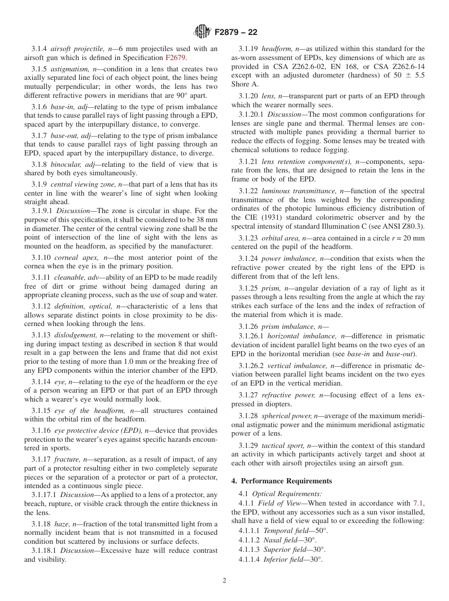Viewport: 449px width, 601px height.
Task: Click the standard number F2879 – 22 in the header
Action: coord(236,32)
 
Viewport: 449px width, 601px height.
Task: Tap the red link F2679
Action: coord(175,58)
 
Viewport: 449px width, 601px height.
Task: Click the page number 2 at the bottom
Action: coord(224,581)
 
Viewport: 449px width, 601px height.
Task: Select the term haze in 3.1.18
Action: coord(62,524)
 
